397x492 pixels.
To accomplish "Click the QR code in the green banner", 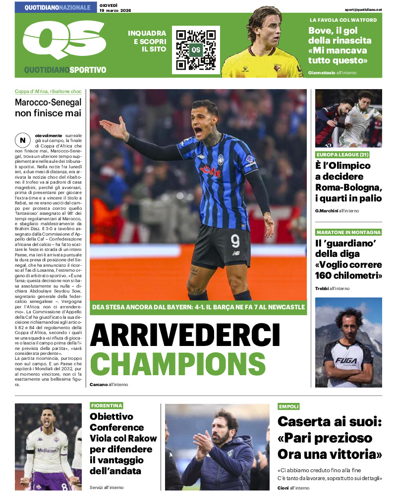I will point(196,49).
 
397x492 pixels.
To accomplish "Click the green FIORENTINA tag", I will point(106,405).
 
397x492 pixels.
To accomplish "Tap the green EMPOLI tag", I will point(289,406).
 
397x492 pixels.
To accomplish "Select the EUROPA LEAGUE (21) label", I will point(342,154).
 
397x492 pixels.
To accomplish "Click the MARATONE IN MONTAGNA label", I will point(348,232).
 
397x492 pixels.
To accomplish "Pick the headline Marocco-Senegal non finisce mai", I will point(48,108).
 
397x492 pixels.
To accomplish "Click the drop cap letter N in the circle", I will point(23,140).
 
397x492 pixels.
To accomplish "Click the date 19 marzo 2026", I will point(115,10).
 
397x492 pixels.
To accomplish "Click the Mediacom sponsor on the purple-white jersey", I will point(48,450).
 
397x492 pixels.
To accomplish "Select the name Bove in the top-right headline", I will point(319,30).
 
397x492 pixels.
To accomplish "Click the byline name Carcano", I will point(99,385).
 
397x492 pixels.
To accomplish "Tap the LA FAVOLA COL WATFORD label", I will point(343,20).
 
